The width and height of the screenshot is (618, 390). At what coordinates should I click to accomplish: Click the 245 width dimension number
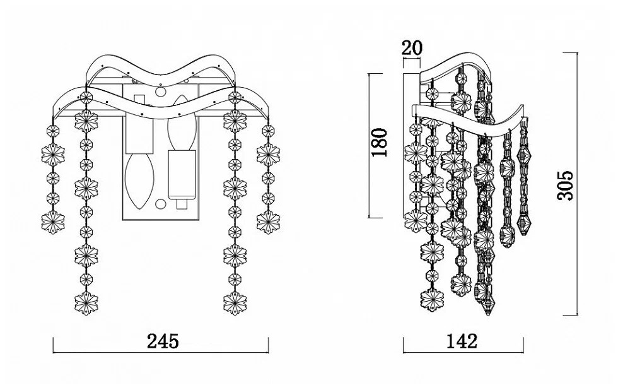[x=163, y=341]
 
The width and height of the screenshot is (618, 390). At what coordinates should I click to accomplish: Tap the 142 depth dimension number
[x=462, y=341]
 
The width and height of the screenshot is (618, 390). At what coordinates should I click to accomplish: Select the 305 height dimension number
[x=567, y=185]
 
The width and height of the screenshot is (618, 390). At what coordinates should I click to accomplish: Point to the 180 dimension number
[x=379, y=144]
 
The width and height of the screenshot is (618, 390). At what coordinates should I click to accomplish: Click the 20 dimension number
[x=412, y=47]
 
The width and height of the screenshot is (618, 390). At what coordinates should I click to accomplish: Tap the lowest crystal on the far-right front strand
[x=268, y=222]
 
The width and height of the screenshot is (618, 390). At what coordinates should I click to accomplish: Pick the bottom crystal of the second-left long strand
[x=86, y=303]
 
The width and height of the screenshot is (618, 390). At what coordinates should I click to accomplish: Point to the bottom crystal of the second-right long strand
[x=235, y=303]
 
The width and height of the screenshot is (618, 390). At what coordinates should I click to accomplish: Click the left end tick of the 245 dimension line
[x=54, y=345]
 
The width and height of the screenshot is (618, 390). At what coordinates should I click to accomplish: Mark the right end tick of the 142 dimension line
[x=522, y=345]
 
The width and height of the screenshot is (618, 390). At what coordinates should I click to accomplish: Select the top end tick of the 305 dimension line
[x=577, y=53]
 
